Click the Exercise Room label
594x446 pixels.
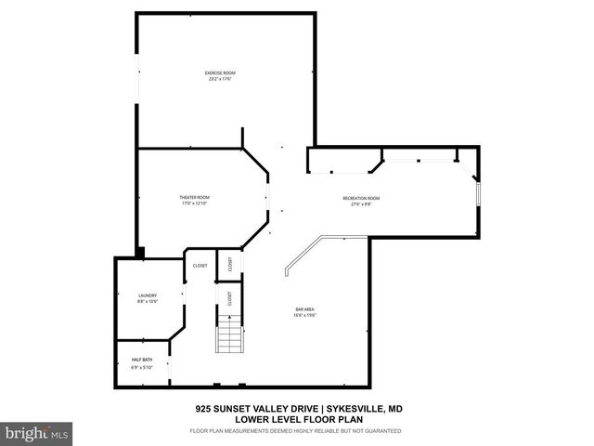coord(220,72)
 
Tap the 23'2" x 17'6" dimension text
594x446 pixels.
coord(220,79)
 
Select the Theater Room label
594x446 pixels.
coord(195,197)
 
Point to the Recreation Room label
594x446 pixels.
coord(362,198)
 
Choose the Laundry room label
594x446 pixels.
coord(148,295)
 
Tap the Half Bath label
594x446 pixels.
coord(142,359)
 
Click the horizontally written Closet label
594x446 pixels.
coord(200,266)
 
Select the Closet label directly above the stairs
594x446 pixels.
coord(229,298)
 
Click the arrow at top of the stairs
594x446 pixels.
coord(229,319)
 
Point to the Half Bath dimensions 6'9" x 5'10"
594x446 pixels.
coord(142,366)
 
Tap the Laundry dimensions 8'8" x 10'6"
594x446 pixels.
coord(148,302)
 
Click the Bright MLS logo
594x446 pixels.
coord(37,432)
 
